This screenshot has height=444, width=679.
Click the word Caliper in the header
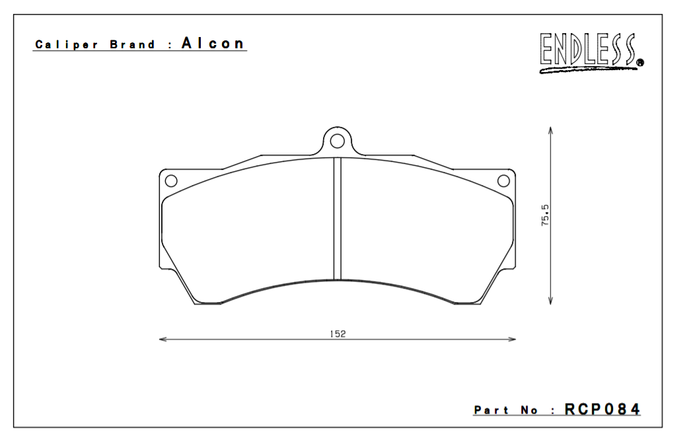click(x=67, y=45)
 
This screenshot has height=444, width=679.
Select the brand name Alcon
click(x=213, y=44)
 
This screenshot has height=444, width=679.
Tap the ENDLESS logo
click(x=588, y=52)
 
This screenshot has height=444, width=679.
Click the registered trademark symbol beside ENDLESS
click(x=640, y=64)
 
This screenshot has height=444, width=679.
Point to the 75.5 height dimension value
click(x=546, y=216)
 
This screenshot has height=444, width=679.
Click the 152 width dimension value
click(x=338, y=334)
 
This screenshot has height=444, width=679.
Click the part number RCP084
click(x=602, y=410)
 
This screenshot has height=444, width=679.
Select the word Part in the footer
click(x=491, y=410)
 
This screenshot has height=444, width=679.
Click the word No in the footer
click(x=529, y=410)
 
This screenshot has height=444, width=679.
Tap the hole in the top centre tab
click(x=338, y=140)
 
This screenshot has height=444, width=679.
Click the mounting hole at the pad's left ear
click(x=170, y=181)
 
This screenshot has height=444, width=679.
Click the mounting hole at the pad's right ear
click(x=503, y=181)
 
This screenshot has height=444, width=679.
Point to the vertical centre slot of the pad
click(x=338, y=218)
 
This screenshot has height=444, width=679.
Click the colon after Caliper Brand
click(x=170, y=46)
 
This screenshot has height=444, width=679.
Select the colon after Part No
click(x=552, y=411)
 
